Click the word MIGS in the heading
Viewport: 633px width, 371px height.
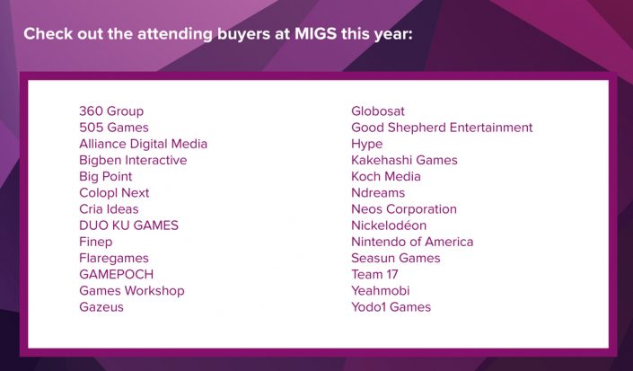tap(316, 33)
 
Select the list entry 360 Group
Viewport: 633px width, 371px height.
tap(111, 111)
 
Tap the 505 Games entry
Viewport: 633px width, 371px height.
tap(114, 128)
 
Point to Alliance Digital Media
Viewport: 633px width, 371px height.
tap(144, 144)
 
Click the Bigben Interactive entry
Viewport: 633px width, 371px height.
tap(133, 160)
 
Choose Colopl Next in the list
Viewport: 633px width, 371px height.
tap(114, 193)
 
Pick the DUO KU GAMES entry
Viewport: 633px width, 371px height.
tap(128, 225)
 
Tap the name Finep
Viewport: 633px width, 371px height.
tap(96, 242)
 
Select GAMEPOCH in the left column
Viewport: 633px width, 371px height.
tap(116, 275)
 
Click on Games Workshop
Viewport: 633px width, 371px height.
tap(132, 291)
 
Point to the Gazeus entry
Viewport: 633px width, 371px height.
tap(101, 307)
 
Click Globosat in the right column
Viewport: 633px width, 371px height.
tap(378, 111)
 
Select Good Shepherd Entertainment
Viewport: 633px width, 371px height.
tap(442, 128)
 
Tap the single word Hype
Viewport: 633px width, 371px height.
tap(367, 144)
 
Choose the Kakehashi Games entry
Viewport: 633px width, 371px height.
tap(405, 160)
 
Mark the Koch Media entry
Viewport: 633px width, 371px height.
tap(386, 176)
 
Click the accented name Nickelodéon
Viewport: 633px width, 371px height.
tap(389, 225)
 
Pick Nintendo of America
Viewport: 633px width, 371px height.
tap(412, 242)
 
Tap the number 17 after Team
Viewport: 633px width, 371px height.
tap(392, 275)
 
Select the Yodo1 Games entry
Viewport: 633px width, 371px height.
tap(391, 307)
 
